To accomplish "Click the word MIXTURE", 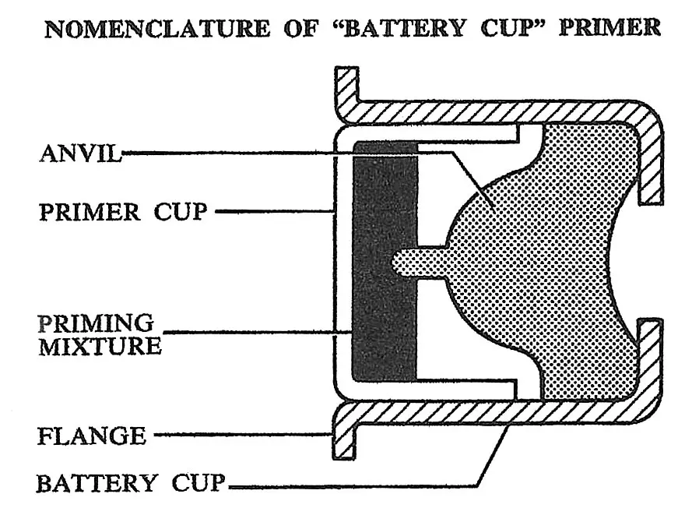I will tap(100, 346).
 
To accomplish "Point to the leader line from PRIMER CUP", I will tap(272, 210).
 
